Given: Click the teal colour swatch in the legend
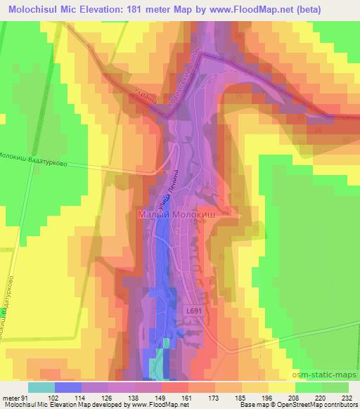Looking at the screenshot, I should coord(41,387).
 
